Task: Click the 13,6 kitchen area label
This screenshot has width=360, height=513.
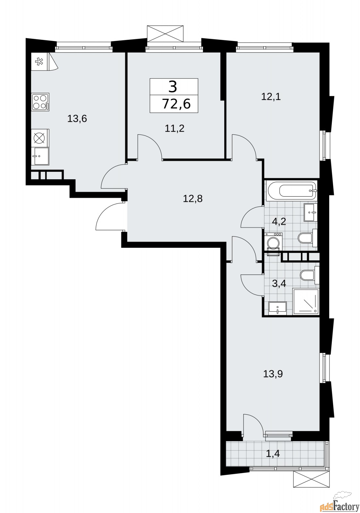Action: pyautogui.click(x=77, y=119)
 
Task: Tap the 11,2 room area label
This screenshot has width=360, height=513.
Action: pyautogui.click(x=175, y=129)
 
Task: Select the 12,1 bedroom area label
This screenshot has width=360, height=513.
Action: pyautogui.click(x=271, y=97)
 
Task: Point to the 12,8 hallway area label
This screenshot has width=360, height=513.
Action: pyautogui.click(x=193, y=199)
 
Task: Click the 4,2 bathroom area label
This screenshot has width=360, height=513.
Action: pyautogui.click(x=279, y=221)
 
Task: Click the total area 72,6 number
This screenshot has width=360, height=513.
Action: pyautogui.click(x=176, y=104)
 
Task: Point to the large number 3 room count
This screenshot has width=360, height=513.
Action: pyautogui.click(x=173, y=87)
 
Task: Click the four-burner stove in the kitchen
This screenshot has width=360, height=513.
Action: pyautogui.click(x=40, y=102)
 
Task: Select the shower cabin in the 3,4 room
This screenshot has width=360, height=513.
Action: pyautogui.click(x=306, y=301)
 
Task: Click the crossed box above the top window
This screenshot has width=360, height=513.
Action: pyautogui.click(x=166, y=33)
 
